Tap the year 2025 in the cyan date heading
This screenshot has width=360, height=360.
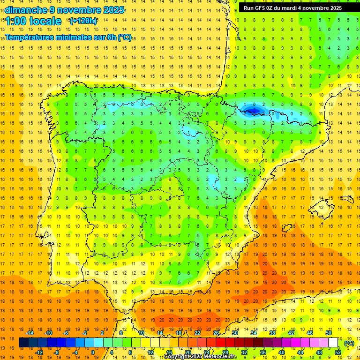coord(113,10)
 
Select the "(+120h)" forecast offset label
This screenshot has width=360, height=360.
coord(83,21)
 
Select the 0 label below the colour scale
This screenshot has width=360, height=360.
coord(93,352)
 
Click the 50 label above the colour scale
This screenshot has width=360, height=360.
coord(328,333)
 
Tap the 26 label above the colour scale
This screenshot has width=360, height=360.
coord(216,333)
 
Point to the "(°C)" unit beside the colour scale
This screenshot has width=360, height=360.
coord(349,343)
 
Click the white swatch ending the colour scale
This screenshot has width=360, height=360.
coord(333,343)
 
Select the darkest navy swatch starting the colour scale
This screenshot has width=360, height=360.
coord(23,343)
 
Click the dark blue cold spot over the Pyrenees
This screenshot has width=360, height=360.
coord(253,111)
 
